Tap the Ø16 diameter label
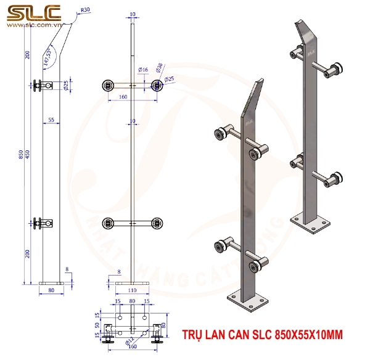pos(142,70)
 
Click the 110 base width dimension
pos(133,289)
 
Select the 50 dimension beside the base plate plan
pos(97,325)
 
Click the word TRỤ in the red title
pos(192,334)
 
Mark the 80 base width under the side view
pos(51,289)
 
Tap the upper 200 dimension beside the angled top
pos(28,55)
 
